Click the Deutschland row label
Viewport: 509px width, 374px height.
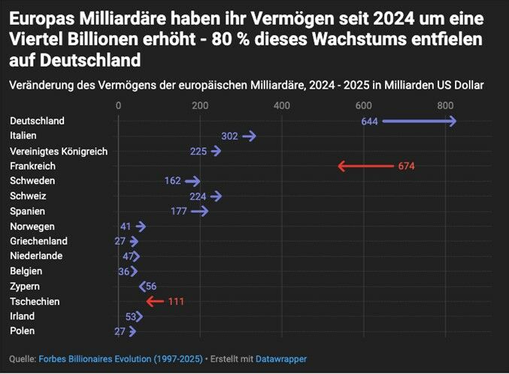coord(37,121)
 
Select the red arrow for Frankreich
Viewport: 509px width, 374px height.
coord(366,166)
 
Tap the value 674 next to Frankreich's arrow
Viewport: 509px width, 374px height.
coord(406,166)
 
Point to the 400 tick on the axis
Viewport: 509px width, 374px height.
coord(282,106)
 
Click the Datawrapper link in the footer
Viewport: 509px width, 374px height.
coord(281,360)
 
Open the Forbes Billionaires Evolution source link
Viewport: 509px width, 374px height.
coord(120,360)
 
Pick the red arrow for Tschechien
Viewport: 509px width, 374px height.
coord(155,301)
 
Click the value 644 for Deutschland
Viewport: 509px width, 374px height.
coord(369,121)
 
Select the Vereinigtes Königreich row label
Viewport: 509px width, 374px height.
coord(59,151)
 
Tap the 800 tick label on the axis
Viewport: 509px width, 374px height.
coord(445,106)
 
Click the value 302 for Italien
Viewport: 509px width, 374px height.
coord(229,136)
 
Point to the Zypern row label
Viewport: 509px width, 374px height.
coord(25,286)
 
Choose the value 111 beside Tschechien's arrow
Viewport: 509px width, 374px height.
coord(176,301)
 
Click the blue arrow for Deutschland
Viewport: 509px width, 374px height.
coord(420,121)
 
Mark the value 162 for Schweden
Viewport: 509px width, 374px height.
coord(172,181)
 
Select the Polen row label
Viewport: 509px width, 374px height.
coord(23,331)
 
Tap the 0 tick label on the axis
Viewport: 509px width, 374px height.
coord(118,106)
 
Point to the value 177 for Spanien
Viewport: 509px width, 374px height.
coord(178,211)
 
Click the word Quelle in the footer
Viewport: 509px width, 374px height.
coord(22,360)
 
